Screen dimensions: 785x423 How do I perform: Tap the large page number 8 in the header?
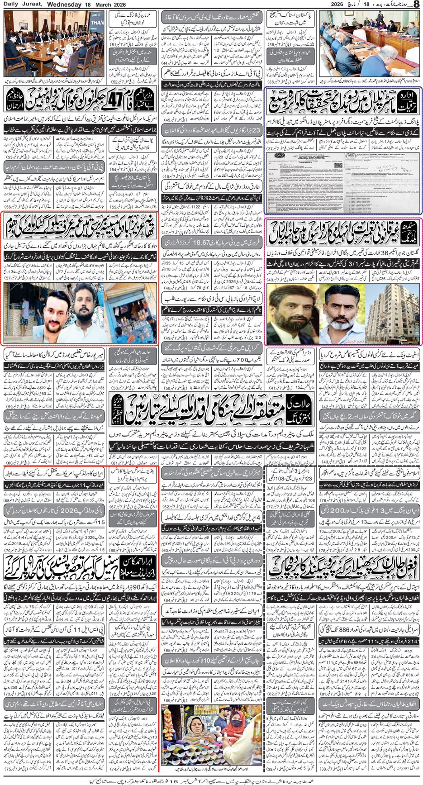tap(417, 5)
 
